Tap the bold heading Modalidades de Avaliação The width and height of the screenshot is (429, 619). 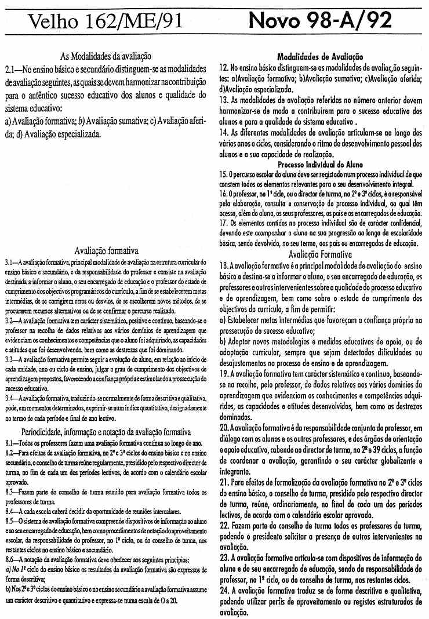(x=320, y=57)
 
